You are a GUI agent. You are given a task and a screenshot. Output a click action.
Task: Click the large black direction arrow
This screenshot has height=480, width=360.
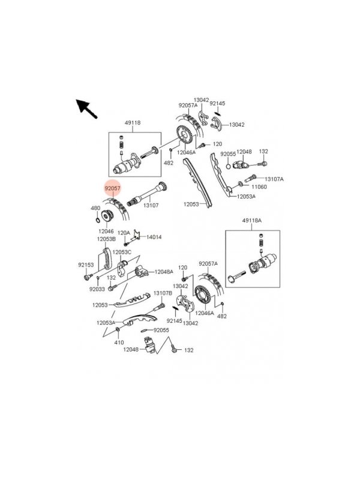tap(87, 109)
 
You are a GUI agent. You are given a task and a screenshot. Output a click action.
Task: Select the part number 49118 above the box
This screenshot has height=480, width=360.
tap(133, 123)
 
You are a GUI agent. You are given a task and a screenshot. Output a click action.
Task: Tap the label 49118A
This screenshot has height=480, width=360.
tap(252, 221)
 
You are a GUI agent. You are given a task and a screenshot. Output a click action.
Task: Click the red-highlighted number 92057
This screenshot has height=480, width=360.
tap(112, 188)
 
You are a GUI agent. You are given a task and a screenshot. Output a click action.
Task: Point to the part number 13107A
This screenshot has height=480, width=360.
tap(274, 179)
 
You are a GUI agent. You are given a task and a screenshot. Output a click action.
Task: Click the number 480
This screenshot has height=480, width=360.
tap(95, 208)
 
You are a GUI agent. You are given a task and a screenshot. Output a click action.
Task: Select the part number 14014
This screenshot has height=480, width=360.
tap(154, 237)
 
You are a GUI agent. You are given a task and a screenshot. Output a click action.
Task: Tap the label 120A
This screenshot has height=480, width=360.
tap(124, 233)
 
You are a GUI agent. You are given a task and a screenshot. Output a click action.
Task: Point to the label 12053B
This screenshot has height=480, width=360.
tap(106, 239)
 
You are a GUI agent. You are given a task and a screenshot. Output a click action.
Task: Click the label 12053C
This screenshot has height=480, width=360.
tap(121, 252)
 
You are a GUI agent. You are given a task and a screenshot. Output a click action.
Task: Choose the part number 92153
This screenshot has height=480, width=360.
tap(86, 264)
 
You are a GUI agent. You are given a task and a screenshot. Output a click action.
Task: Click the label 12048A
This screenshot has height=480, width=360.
tap(163, 272)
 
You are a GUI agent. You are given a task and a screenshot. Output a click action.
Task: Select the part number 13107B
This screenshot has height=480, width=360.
tap(163, 293)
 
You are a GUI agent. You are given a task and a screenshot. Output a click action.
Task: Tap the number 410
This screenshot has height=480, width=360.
tap(119, 342)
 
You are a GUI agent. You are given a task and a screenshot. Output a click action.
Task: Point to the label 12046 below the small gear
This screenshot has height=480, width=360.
tap(106, 230)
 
